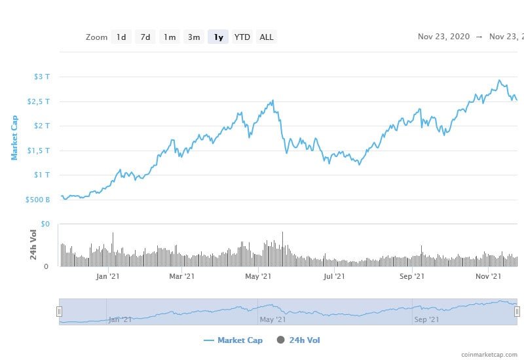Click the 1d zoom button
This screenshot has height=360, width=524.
coord(121,37)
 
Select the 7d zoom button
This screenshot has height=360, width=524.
coord(145,37)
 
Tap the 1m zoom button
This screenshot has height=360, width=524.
coord(170,37)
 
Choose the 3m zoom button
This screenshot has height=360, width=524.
coord(194,37)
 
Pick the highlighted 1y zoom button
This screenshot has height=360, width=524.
coord(218,37)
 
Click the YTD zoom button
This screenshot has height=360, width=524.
coord(242,37)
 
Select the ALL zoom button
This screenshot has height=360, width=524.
coord(267,37)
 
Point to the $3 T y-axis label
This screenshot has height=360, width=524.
coord(42,77)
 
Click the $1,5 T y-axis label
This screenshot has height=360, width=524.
coord(39,151)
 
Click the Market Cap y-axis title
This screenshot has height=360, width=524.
coord(14,137)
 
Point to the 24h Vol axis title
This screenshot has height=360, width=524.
coord(33,245)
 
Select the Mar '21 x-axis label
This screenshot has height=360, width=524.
coord(182,277)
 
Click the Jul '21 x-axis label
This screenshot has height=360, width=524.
coord(334,277)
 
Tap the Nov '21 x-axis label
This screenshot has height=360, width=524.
coord(487,277)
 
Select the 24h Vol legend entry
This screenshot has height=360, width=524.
coord(299,340)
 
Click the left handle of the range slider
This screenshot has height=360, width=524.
coord(59,312)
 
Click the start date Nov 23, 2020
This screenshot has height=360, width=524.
coord(443,37)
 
